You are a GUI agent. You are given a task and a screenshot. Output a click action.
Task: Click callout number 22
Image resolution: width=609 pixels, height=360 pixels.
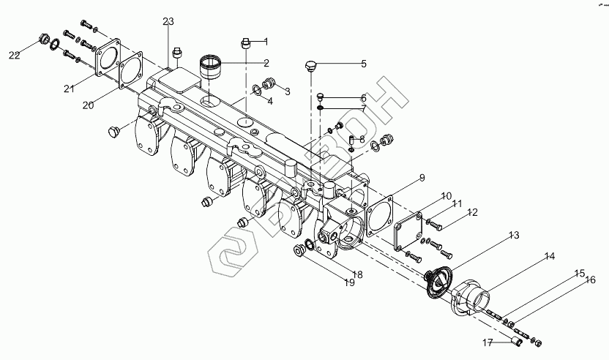15,55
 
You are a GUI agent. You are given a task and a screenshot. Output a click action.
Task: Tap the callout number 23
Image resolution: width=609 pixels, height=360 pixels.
169,21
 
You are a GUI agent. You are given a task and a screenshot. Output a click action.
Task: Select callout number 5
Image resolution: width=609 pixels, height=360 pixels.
363,64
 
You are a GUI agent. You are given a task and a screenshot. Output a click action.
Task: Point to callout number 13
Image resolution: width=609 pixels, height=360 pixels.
514,235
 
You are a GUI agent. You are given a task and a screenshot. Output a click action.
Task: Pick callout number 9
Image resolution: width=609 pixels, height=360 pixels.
422,178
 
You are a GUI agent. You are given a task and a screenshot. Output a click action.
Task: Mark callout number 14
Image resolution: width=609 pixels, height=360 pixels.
549,256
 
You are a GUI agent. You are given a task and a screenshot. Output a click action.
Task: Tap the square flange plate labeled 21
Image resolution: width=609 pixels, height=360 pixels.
108,58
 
